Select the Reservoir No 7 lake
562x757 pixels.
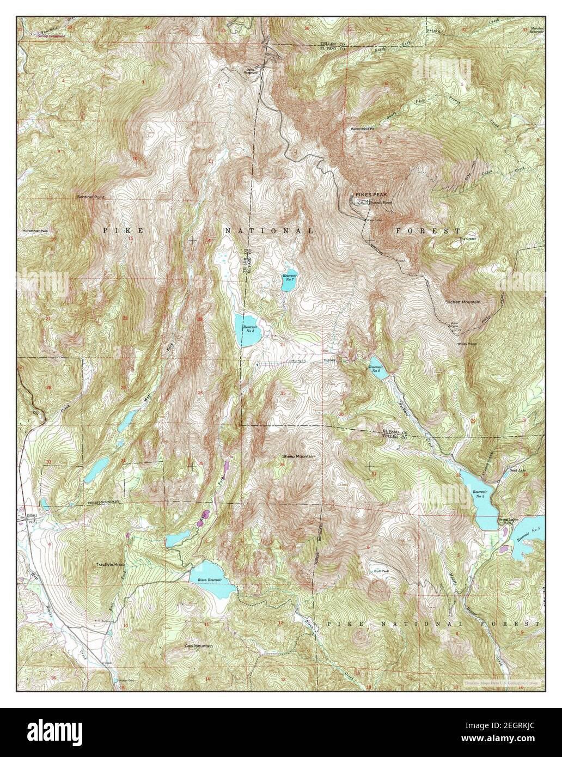(x=289, y=279)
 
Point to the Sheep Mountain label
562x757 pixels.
(x=298, y=456)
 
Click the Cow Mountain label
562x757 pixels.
(x=198, y=646)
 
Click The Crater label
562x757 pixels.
(x=467, y=239)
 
